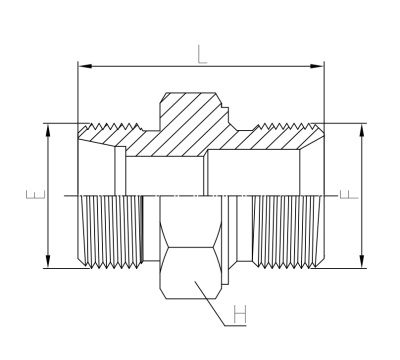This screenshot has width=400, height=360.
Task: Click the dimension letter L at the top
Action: coord(203,56)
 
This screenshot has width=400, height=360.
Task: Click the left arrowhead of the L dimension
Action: coord(84,67)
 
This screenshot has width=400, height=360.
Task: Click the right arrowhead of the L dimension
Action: coord(319,67)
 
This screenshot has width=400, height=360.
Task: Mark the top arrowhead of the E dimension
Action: coord(46,129)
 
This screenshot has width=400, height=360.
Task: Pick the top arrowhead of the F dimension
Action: coord(360,129)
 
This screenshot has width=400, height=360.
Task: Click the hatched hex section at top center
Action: coord(185,125)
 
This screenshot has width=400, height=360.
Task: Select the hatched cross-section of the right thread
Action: coord(285,133)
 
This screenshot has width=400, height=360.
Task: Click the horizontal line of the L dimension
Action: coord(150,67)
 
